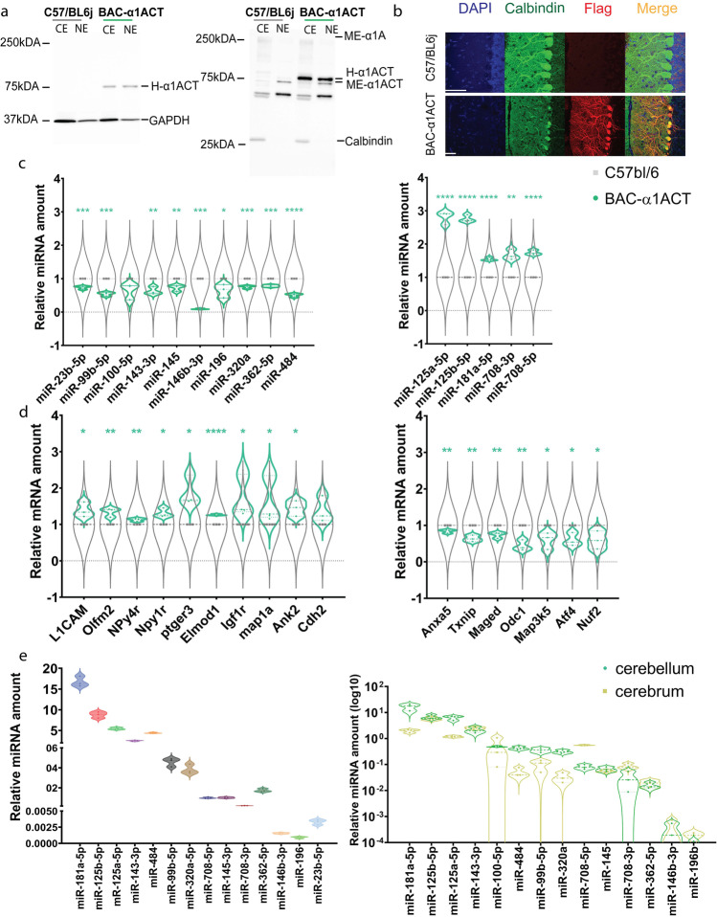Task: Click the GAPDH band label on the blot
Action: [168, 122]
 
